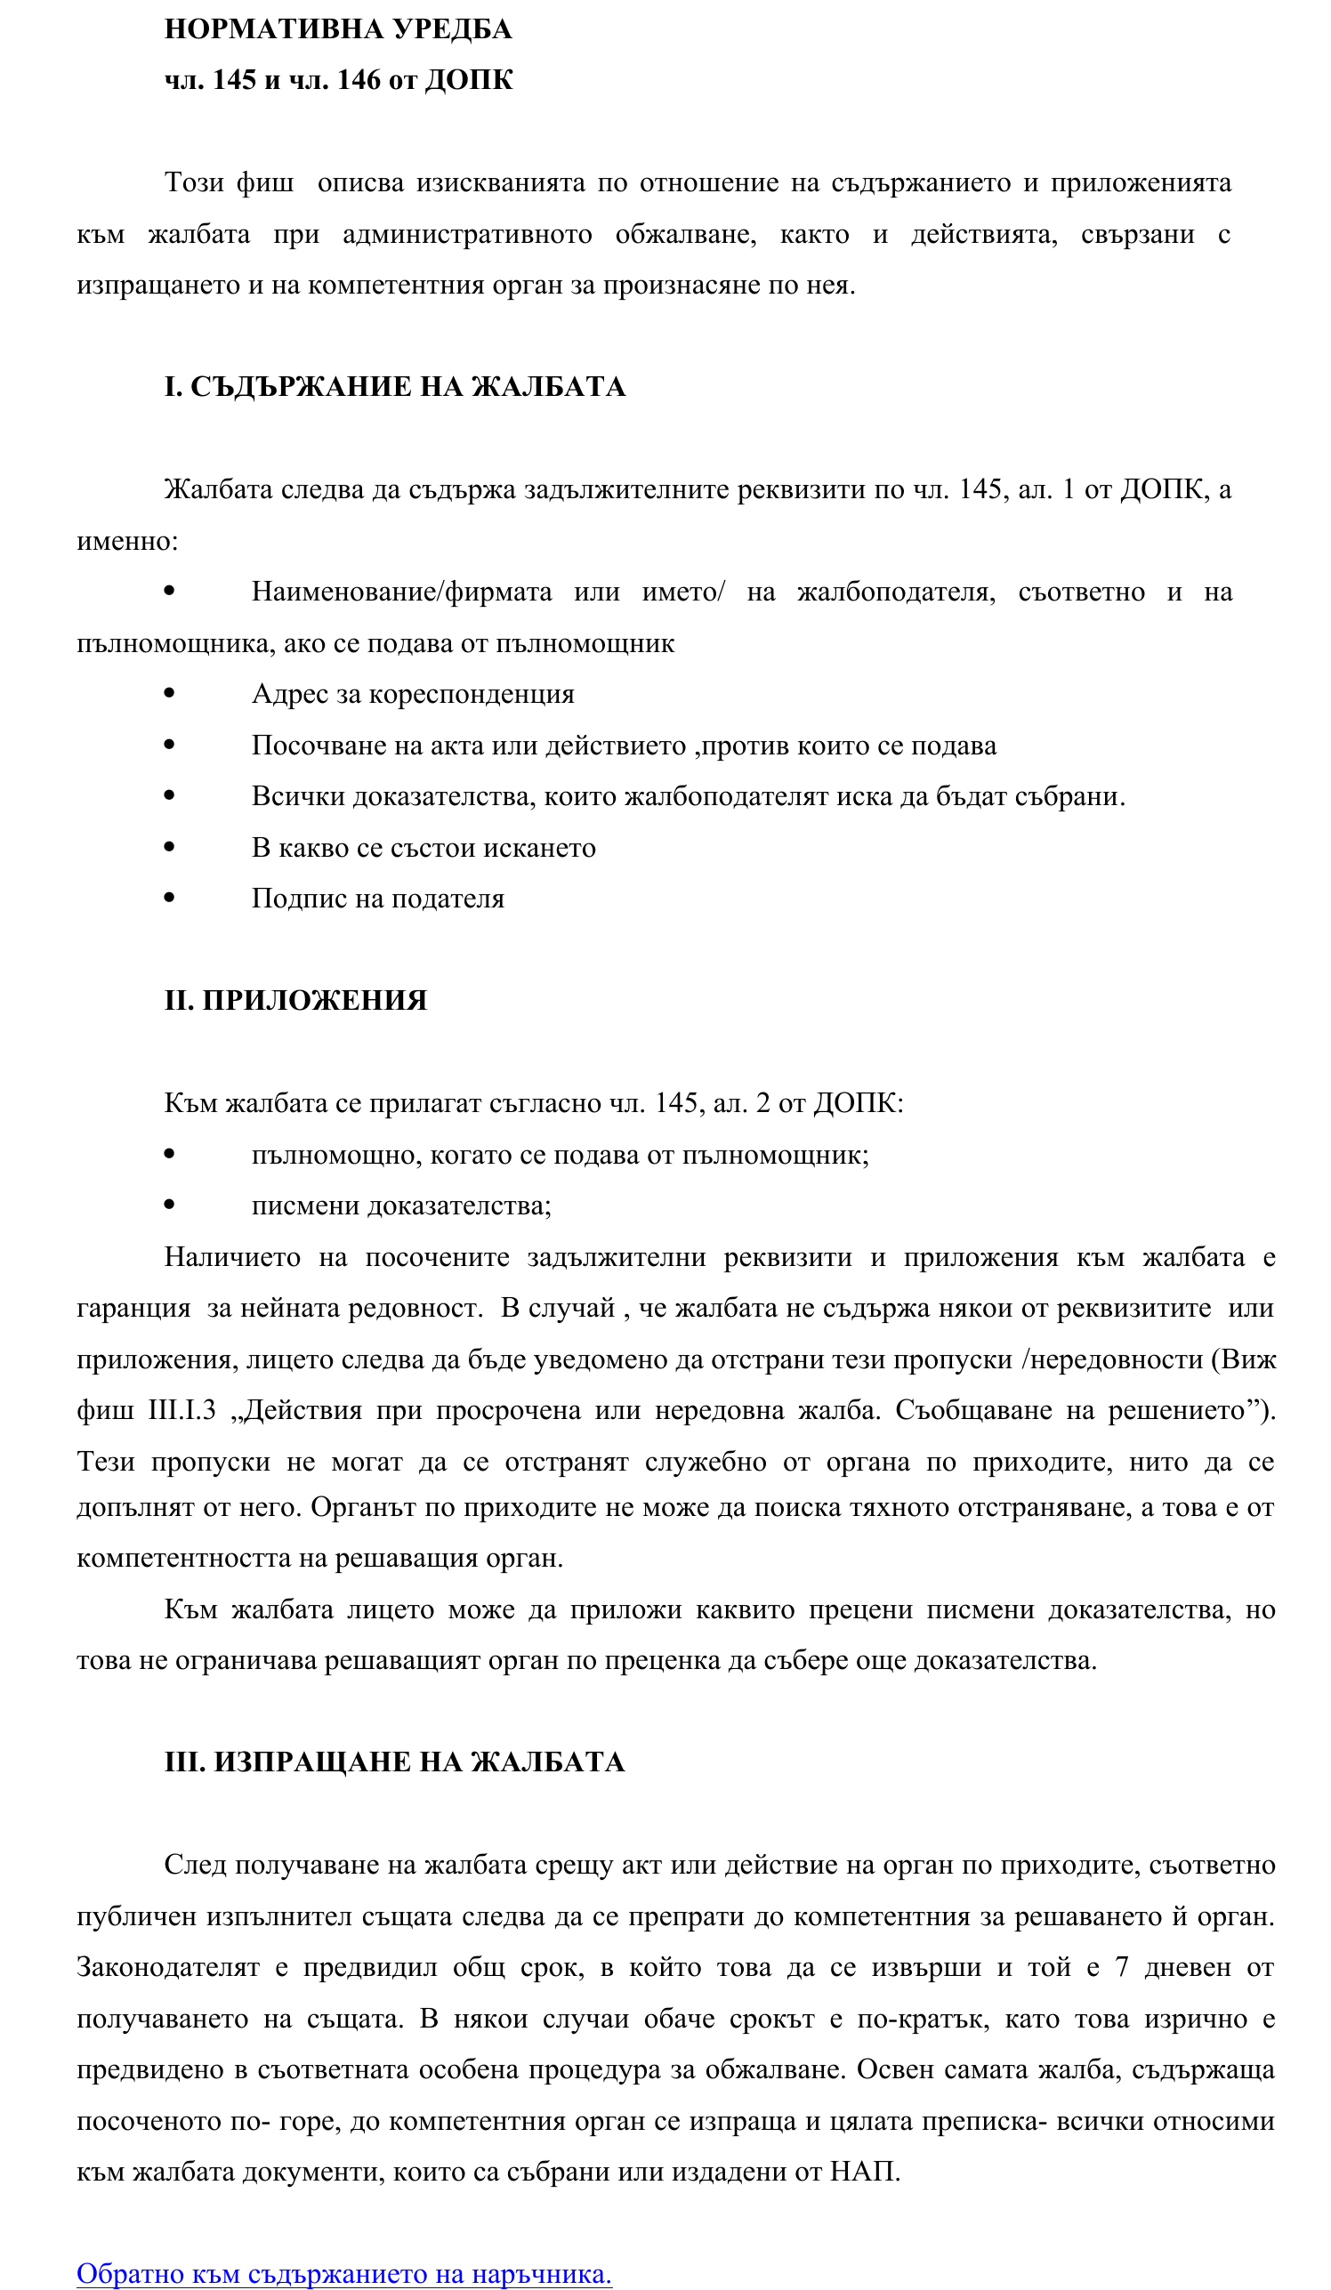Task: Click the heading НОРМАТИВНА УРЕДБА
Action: [x=338, y=29]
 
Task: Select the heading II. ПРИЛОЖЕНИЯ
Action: [x=295, y=1000]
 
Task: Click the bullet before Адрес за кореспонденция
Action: [x=169, y=693]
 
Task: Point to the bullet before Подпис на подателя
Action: [x=169, y=898]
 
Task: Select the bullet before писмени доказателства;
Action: [x=169, y=1205]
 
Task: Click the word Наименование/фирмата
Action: [x=401, y=592]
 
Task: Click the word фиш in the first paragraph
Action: [x=265, y=182]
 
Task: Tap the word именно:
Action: [x=127, y=541]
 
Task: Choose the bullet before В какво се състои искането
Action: [x=169, y=847]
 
